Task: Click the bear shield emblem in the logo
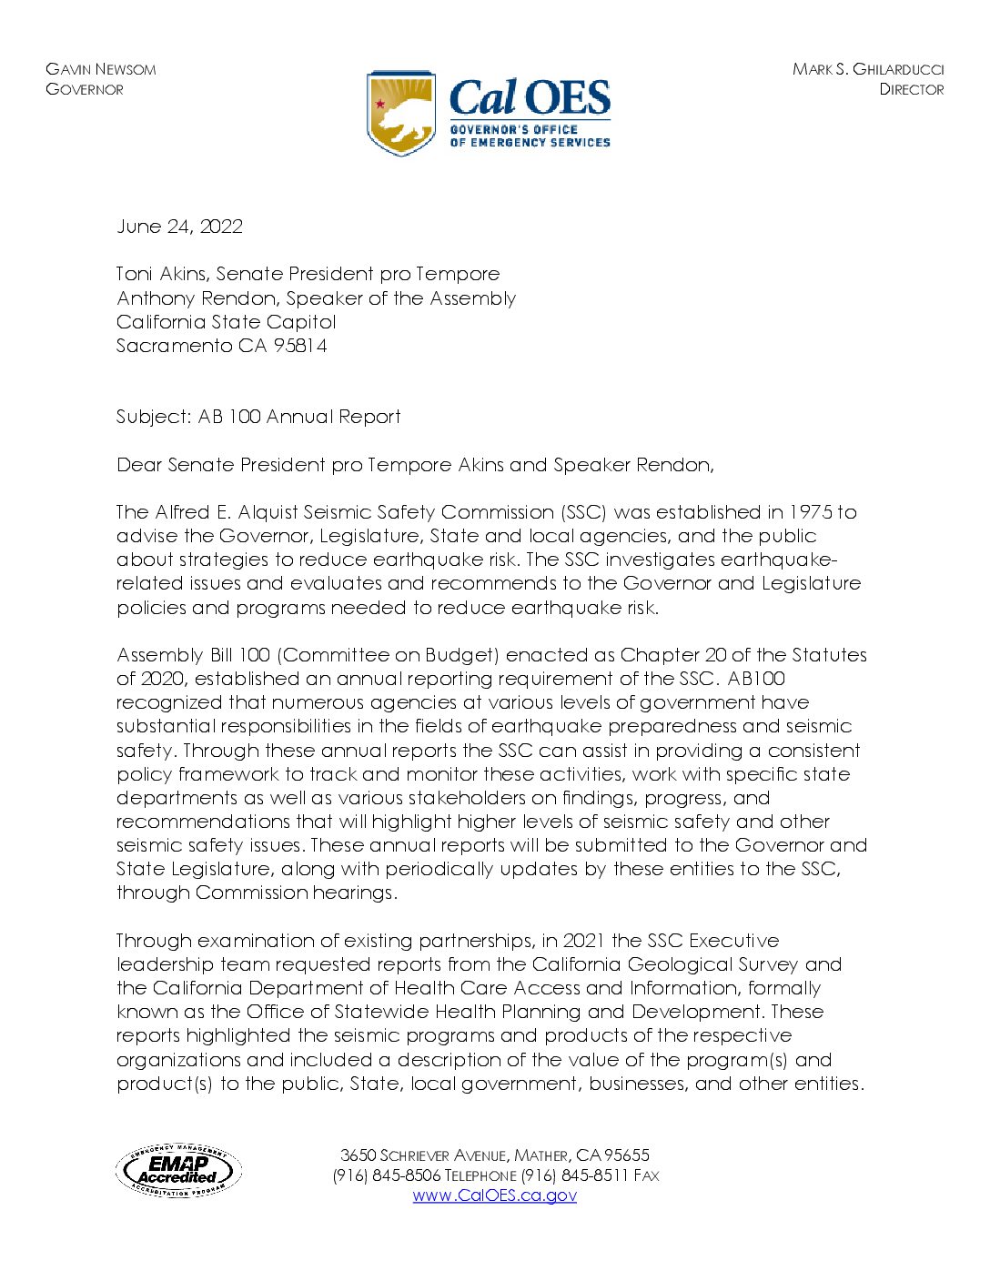point(401,114)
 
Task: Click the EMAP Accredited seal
point(178,1170)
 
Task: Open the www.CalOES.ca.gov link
point(494,1195)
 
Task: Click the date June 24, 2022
point(179,227)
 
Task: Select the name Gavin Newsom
point(100,69)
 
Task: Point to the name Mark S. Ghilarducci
point(867,69)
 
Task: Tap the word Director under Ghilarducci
point(911,89)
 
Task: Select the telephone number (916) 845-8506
point(387,1175)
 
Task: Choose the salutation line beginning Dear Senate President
point(415,465)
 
